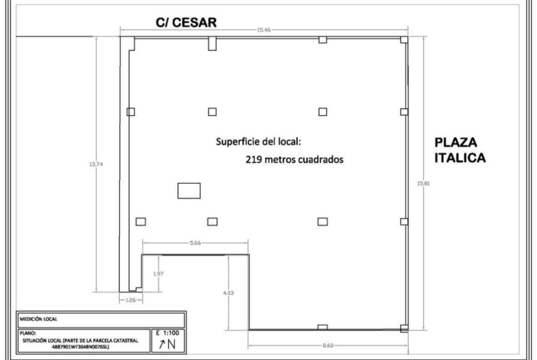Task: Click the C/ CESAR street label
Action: pos(186,22)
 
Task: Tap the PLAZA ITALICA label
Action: pos(460,150)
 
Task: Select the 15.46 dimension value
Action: pos(264,30)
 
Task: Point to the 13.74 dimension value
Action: pos(96,164)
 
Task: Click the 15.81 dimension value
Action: pos(423,183)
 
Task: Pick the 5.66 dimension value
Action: pos(195,243)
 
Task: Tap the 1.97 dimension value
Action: pos(158,274)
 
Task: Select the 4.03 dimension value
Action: pos(229,293)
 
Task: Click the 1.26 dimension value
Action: pos(131,300)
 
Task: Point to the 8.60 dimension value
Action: pos(328,346)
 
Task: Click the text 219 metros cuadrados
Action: pos(295,160)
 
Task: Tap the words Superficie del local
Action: pos(258,142)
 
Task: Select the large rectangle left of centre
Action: pos(189,191)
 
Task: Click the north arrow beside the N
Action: pos(162,344)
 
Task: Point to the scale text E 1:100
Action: pos(168,333)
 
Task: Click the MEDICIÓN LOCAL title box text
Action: pos(39,319)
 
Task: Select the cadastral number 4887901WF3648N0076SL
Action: pos(80,347)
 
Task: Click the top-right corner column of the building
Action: pos(404,40)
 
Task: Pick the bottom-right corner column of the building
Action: pos(404,328)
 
